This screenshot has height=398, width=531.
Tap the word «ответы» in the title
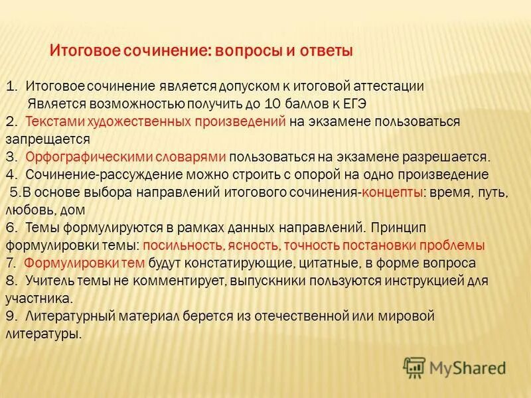click(x=325, y=50)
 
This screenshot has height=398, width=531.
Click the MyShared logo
click(x=455, y=367)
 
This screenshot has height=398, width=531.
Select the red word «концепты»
click(x=392, y=192)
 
